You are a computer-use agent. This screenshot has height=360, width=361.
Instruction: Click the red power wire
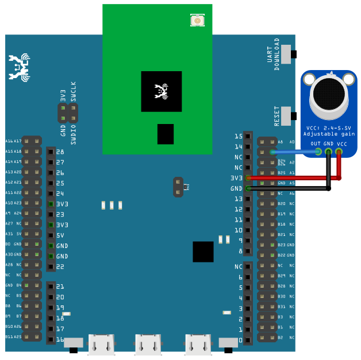click(293, 178)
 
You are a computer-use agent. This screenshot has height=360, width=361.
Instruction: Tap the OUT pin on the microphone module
click(318, 152)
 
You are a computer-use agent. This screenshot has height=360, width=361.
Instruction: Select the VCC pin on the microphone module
click(339, 152)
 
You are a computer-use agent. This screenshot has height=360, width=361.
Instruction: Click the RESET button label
click(277, 115)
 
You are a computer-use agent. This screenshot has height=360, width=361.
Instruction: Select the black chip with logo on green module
click(161, 91)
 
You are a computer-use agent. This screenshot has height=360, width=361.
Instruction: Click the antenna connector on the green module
click(197, 21)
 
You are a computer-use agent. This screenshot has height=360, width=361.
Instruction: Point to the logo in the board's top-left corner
click(19, 66)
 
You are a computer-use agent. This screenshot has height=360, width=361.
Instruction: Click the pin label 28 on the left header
click(60, 152)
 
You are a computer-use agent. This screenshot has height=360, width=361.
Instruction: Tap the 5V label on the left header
click(60, 235)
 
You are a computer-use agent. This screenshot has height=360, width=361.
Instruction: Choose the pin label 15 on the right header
click(239, 136)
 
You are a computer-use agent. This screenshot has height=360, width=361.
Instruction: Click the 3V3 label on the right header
click(237, 178)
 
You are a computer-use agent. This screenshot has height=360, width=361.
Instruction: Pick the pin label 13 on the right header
click(239, 199)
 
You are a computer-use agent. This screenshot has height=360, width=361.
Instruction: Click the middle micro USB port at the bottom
click(147, 344)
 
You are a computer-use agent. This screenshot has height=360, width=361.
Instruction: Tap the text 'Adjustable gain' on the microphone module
click(329, 134)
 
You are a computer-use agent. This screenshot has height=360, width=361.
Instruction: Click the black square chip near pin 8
click(203, 251)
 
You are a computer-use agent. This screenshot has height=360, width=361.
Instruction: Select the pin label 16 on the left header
click(60, 340)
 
